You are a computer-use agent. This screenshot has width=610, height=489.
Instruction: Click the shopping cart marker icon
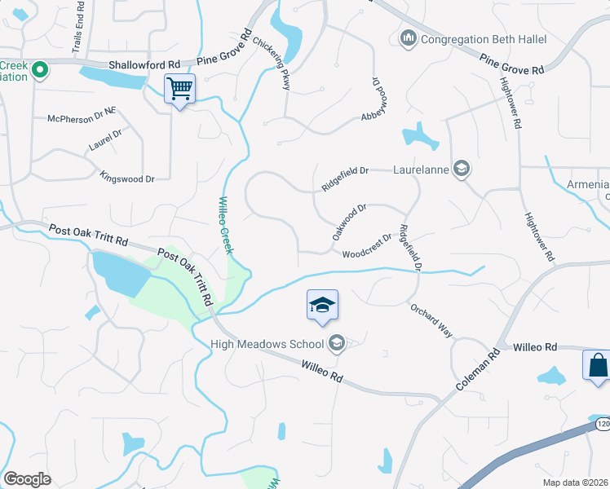pos(179,88)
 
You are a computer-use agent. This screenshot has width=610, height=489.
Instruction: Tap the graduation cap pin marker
pos(322,306)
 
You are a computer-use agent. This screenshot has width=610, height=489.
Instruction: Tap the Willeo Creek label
pos(225,226)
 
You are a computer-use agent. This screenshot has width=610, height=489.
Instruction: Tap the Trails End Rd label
pos(77,30)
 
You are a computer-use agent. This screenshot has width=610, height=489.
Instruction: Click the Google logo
pos(28,479)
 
